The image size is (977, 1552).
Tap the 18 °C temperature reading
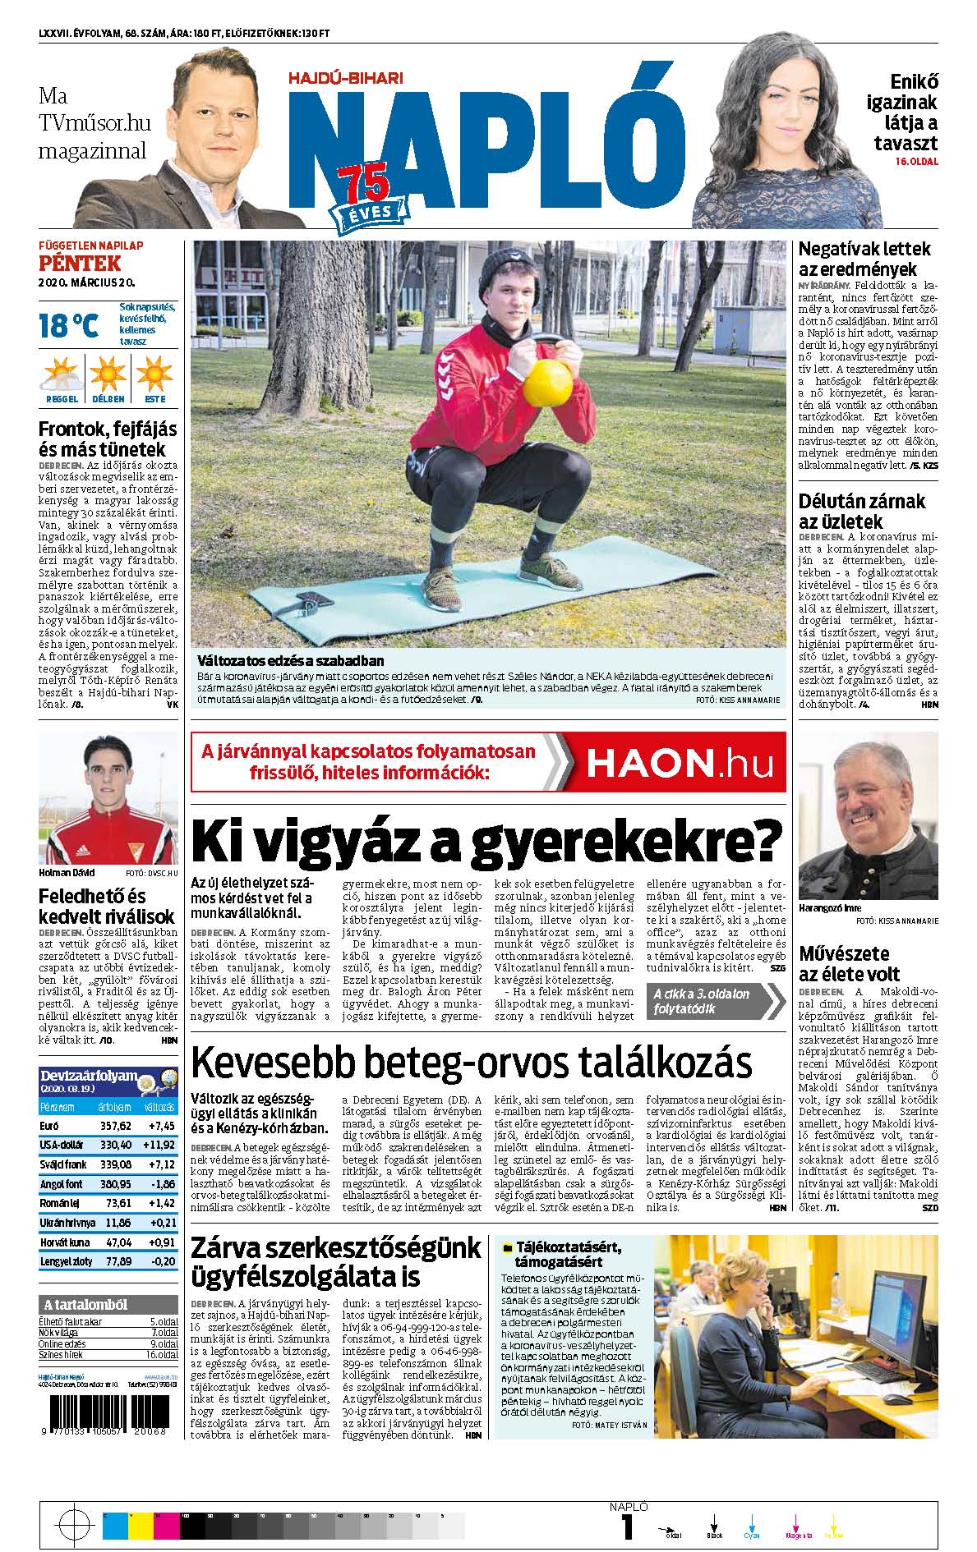click(x=68, y=326)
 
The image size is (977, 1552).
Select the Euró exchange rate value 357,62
click(x=116, y=1125)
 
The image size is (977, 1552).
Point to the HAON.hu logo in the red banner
click(x=679, y=763)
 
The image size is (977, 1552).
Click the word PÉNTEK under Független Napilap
click(x=80, y=263)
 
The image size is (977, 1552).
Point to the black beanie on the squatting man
click(x=507, y=269)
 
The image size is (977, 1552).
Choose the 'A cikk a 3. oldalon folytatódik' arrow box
click(x=713, y=1000)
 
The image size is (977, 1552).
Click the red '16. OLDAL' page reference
click(x=916, y=162)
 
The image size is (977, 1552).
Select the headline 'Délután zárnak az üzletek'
click(x=862, y=511)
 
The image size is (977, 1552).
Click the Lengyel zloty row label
click(x=66, y=1260)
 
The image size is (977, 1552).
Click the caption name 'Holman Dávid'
click(x=67, y=872)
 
